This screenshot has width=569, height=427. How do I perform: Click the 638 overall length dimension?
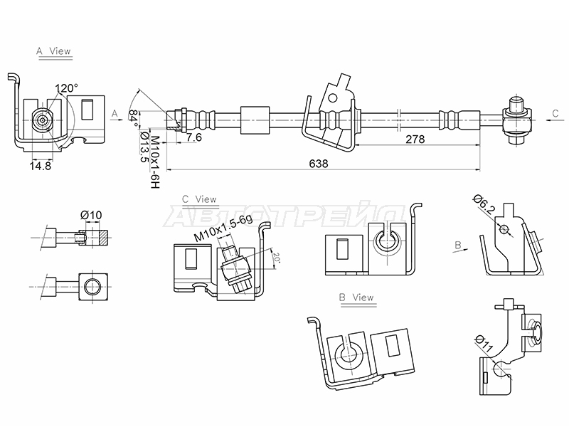[318, 164]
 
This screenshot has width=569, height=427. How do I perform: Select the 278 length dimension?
[415, 139]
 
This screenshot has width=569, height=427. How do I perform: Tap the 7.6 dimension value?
[194, 137]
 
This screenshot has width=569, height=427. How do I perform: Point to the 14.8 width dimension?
[41, 166]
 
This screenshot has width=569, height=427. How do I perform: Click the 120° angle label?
[66, 88]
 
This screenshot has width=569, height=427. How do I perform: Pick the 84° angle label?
[133, 118]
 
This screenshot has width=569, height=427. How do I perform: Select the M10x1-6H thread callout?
[155, 162]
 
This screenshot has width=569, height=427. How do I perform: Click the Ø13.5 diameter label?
[144, 147]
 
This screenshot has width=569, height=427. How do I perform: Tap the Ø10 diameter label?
[91, 216]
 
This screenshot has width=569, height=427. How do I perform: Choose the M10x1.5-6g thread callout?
[223, 228]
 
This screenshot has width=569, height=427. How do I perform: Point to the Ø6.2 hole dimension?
[484, 204]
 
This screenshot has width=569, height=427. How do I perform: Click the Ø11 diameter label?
[484, 344]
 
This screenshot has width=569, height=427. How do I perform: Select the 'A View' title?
[53, 51]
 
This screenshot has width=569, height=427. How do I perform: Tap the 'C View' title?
[199, 199]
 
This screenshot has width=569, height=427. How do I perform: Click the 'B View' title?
[356, 297]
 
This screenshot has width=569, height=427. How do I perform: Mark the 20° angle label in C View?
[277, 258]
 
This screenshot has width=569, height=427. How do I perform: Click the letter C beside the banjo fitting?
[555, 114]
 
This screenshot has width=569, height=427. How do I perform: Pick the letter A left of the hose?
[115, 114]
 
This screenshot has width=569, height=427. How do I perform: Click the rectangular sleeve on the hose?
[255, 120]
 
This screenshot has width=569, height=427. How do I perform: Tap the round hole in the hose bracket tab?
[333, 97]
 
